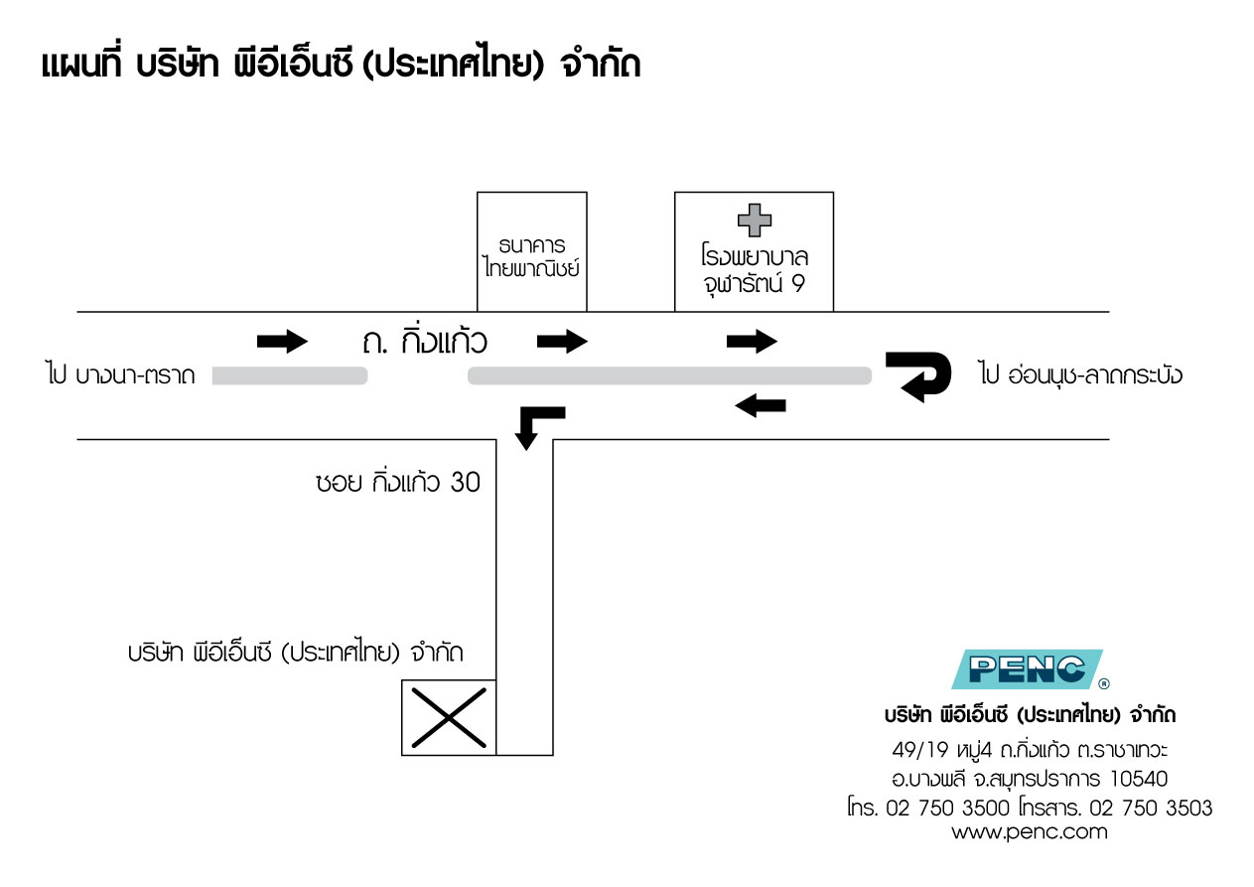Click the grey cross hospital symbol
pos(754,221)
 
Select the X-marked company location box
pos(449,717)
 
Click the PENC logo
pos(1029,669)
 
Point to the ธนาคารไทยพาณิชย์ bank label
pos(531,257)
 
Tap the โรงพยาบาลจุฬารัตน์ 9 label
pos(754,269)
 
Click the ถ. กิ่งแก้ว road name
pos(425,342)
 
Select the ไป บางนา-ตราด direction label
pos(120,374)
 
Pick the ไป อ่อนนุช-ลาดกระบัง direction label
pos(1080,373)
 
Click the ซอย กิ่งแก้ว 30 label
pos(398,482)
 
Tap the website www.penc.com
pos(1030,832)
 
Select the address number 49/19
pos(920,749)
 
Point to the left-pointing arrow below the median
pos(761,405)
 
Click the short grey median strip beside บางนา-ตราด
pos(290,375)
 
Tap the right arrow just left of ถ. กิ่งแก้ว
pos(282,341)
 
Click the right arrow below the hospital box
pos(752,341)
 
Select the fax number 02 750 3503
pos(1151,809)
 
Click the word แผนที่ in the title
pos(81,64)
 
